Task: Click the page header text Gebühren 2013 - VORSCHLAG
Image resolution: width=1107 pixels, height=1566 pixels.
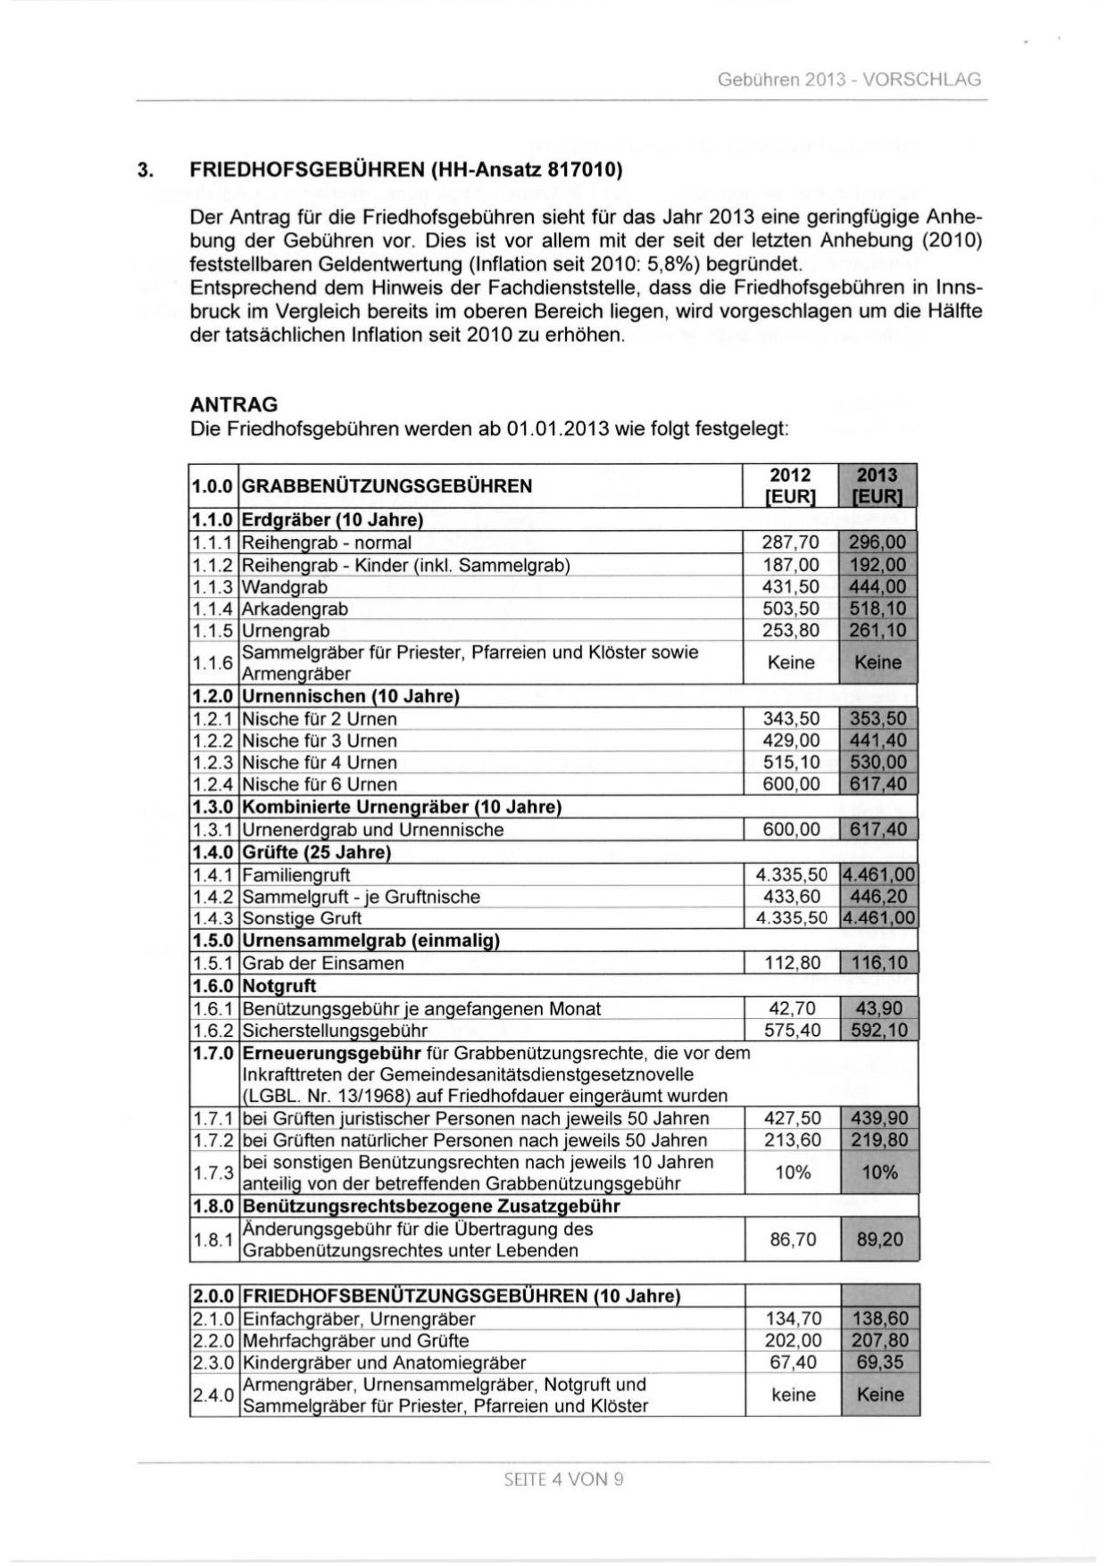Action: pos(848,79)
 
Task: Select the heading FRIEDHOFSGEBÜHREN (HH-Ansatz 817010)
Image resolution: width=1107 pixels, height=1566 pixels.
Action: pos(405,170)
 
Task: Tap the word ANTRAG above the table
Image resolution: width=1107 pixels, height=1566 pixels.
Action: pos(234,404)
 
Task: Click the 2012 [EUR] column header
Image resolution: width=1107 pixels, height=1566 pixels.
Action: pos(790,486)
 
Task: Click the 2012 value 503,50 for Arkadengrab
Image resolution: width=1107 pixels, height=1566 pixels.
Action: pos(790,609)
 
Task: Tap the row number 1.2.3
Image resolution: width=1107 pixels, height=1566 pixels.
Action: pos(213,763)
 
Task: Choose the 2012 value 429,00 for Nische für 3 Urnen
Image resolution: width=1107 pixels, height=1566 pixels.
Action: pos(790,741)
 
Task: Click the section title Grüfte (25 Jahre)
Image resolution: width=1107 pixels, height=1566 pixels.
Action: pos(317,852)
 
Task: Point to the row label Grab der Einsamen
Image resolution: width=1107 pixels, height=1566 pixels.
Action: pos(323,964)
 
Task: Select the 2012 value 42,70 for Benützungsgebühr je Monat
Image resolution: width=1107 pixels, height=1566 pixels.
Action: pos(792,1008)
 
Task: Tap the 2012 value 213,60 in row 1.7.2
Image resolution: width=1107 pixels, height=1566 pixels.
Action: pos(792,1140)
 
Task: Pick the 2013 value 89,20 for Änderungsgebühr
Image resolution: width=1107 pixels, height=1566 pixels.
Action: pos(879,1239)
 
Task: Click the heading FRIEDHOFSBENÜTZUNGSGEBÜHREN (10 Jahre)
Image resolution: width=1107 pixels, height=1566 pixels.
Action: pos(462,1296)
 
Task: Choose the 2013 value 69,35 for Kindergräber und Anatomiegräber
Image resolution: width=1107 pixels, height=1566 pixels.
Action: pos(879,1363)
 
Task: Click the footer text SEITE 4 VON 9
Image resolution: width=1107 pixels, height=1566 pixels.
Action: pos(563,1479)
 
